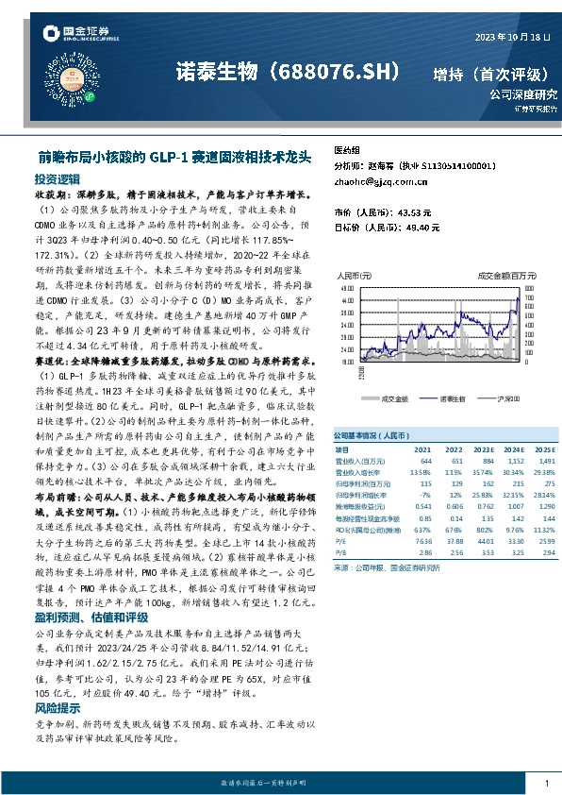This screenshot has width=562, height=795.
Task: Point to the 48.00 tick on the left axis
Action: pyautogui.click(x=346, y=285)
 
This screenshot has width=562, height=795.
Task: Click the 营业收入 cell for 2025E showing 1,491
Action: pyautogui.click(x=520, y=461)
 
